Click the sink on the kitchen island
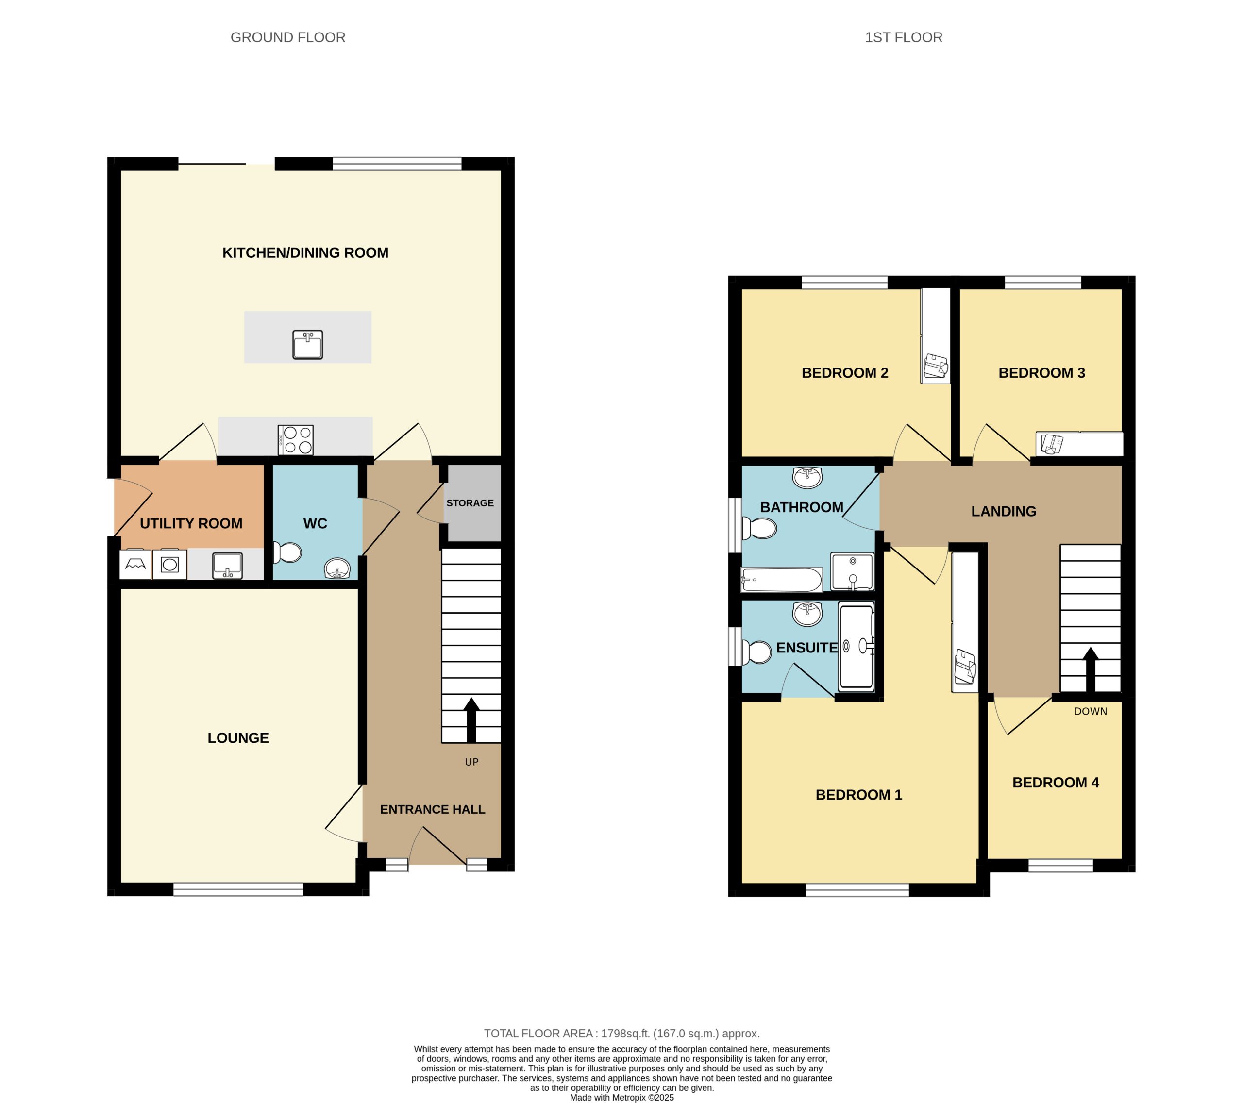coord(308,344)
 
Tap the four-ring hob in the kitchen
coord(296,440)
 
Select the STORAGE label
coord(470,503)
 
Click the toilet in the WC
coord(287,552)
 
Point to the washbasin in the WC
coord(337,569)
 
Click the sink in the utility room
coord(227,566)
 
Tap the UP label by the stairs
coord(471,762)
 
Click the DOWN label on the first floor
coord(1090,711)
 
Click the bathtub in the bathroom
coord(781,580)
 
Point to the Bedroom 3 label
coord(1041,373)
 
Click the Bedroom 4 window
coord(1060,865)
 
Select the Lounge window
coord(238,889)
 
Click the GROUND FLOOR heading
coord(287,38)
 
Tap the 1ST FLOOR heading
coord(903,38)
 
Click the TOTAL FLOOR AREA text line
coord(621,1033)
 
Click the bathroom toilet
coord(760,528)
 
